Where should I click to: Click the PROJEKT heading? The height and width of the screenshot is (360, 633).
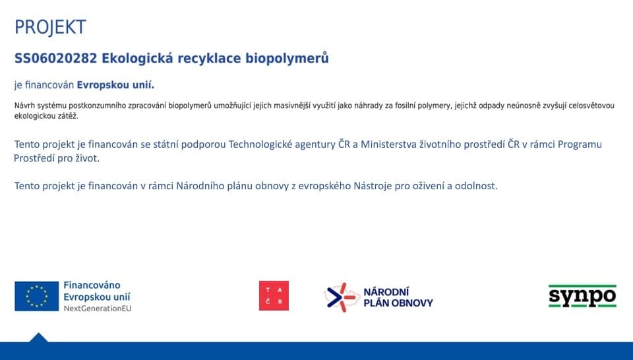50,27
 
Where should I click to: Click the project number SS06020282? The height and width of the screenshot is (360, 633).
55,59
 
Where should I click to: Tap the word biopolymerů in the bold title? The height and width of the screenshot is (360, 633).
287,59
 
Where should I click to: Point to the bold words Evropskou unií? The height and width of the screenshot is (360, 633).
115,85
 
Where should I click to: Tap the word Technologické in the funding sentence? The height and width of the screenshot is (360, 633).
260,144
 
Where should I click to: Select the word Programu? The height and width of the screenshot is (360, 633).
580,144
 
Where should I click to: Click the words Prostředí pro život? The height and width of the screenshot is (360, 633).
57,158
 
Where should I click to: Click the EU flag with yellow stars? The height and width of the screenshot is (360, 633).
37,296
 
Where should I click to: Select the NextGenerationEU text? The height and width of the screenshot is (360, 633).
98,309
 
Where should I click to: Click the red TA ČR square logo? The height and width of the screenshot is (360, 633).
274,296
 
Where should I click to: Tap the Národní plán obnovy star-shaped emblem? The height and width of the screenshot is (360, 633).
342,297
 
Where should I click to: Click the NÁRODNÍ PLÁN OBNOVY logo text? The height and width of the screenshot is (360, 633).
398,297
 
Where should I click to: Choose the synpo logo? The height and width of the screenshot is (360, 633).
582,296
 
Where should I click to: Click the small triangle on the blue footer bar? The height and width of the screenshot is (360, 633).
38,338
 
